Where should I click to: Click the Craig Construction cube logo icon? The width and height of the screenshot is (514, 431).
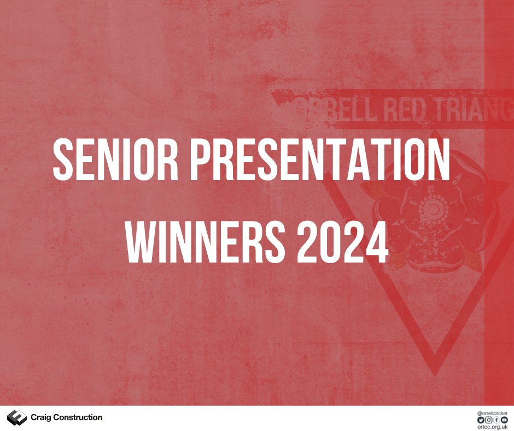pyautogui.click(x=16, y=418)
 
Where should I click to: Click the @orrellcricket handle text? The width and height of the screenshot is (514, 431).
pyautogui.click(x=492, y=412)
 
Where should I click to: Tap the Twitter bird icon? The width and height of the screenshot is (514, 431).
pyautogui.click(x=481, y=419)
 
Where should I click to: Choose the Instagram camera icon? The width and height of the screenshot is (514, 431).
pyautogui.click(x=488, y=419)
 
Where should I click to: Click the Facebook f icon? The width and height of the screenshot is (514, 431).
pyautogui.click(x=497, y=419)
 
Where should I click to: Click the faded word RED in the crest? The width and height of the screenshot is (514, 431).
pyautogui.click(x=402, y=109)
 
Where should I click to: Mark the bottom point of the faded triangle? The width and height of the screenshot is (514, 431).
pyautogui.click(x=435, y=372)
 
